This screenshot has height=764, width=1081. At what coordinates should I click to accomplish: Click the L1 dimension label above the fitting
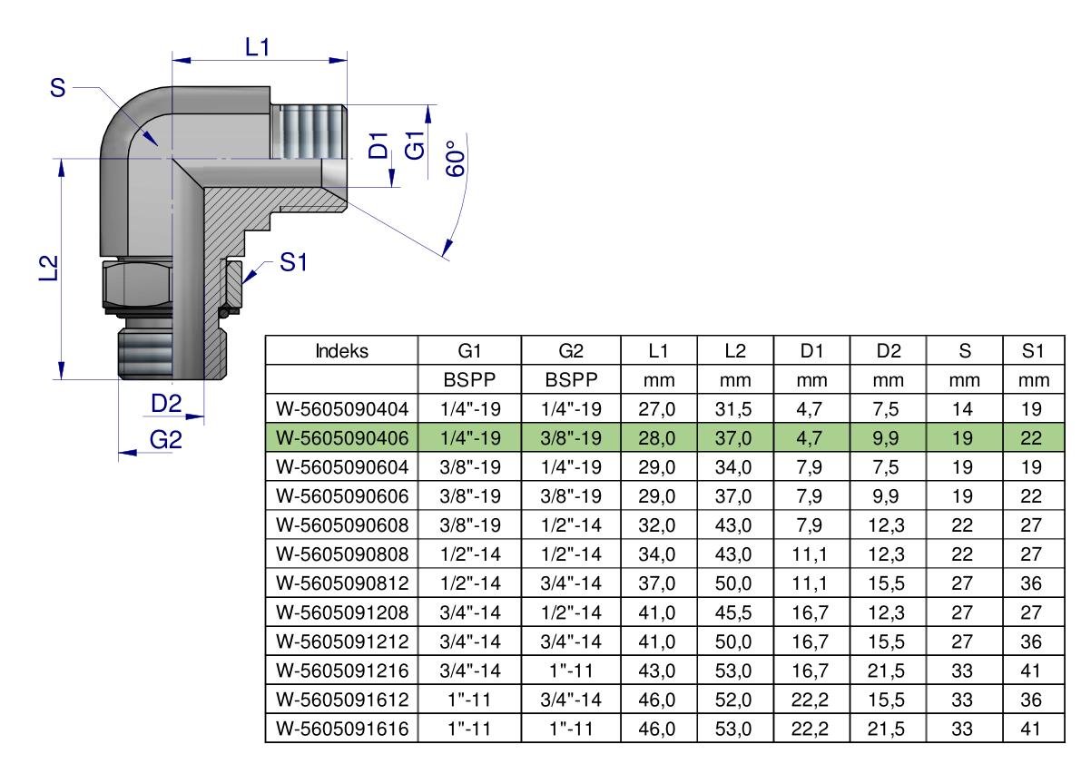coord(257,47)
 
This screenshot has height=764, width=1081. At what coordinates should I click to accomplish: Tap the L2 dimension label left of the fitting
coord(47,268)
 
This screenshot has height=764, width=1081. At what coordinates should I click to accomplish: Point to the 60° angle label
coord(456,159)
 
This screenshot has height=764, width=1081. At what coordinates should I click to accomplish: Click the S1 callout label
coord(293,262)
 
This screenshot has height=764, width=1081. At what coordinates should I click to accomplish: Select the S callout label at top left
coord(58,88)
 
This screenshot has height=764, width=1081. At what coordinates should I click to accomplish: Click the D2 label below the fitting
coord(166,404)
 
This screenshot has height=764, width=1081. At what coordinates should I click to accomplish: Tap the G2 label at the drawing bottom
coord(166,439)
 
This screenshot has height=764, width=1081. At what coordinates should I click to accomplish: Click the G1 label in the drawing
coord(415,145)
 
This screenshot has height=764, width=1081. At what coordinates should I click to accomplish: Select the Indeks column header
coord(341,350)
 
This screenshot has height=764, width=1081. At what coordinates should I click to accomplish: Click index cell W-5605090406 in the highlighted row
coord(342,438)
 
